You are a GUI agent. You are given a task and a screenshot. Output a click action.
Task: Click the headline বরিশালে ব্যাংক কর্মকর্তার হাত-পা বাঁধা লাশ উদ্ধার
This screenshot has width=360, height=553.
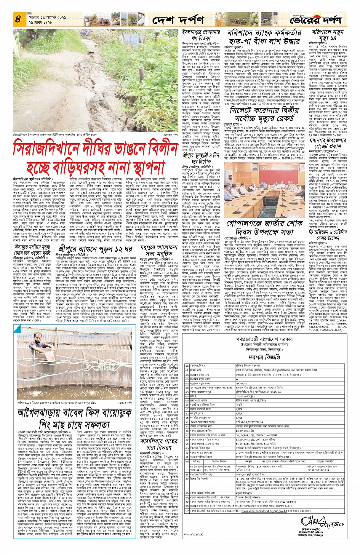(264, 37)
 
